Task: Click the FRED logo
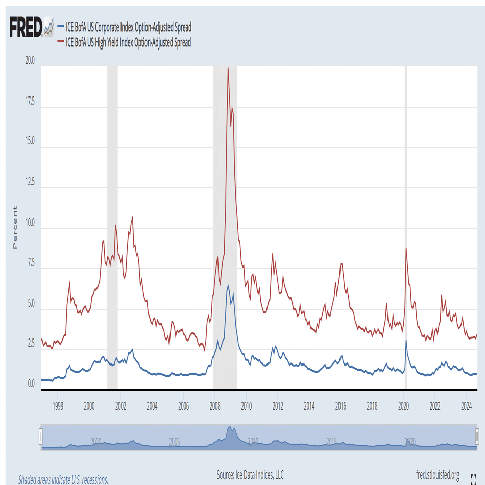27,27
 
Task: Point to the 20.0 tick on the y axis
29,61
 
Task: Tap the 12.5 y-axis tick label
29,182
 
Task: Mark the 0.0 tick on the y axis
30,384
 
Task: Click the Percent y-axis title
14,227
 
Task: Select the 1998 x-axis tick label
58,406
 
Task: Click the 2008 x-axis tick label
215,406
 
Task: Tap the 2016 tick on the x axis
341,406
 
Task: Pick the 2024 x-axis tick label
466,406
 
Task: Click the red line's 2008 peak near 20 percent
228,68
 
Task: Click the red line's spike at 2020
406,249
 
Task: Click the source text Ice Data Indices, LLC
250,475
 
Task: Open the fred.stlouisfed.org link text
438,475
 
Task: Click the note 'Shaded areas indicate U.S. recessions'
63,480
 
